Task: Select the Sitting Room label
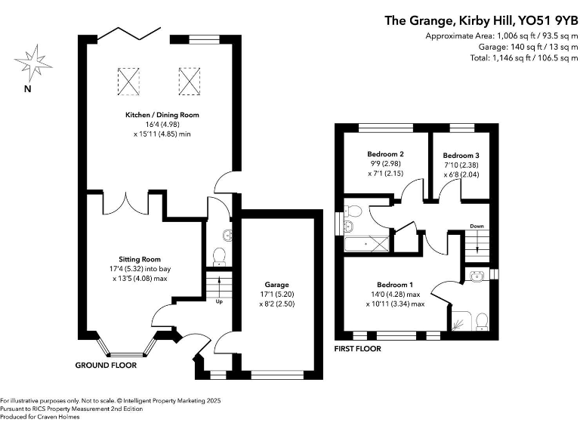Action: click(x=140, y=259)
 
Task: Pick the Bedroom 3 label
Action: click(x=461, y=155)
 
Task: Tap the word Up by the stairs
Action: click(x=219, y=302)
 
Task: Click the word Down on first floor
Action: click(x=477, y=226)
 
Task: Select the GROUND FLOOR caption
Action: click(x=106, y=365)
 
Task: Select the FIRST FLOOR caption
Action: click(x=357, y=349)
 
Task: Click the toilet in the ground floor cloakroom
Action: click(x=219, y=258)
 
